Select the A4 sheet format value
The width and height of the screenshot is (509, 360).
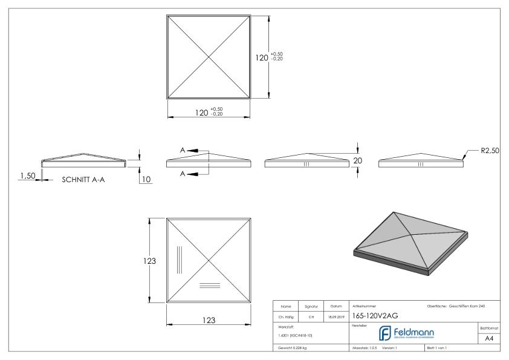coord(490,339)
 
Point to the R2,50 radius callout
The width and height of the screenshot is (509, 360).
coord(490,151)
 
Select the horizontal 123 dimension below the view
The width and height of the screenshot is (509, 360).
coord(209,320)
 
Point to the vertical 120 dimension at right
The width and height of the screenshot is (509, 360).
coord(262,57)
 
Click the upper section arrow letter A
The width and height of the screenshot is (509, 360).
coord(182,149)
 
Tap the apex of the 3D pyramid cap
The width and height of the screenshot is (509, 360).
coord(394,212)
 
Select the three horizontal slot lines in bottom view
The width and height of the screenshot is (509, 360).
coord(209,285)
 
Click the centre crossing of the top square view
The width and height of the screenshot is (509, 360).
coord(209,57)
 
